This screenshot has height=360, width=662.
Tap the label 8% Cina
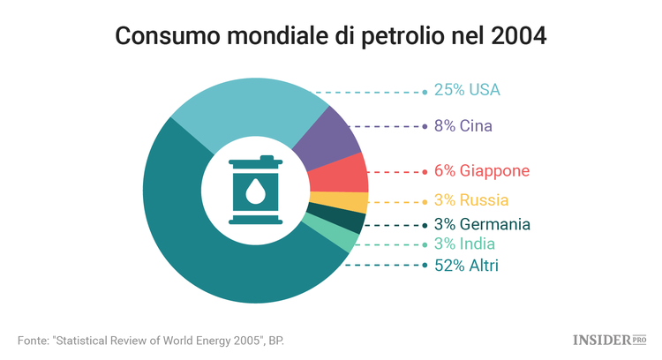tap(463, 126)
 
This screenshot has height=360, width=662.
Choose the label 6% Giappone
tap(482, 171)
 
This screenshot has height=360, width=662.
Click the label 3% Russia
tap(470, 200)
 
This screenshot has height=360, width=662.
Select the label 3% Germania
tap(482, 224)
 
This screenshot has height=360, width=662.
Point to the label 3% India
tap(464, 244)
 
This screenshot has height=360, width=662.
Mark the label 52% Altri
tap(465, 265)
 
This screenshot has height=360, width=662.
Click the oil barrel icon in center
tap(255, 191)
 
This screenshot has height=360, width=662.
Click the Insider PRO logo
tap(608, 339)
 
